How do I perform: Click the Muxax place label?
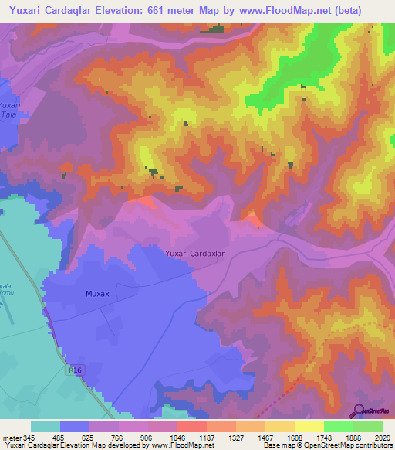[x=97, y=294]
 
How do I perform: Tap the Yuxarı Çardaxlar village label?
[x=194, y=253]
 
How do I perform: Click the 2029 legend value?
[x=383, y=437]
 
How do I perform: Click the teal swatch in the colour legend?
[x=46, y=426]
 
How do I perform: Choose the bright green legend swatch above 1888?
[x=338, y=426]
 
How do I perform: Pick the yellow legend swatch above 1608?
[x=309, y=426]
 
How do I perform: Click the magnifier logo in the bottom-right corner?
[x=359, y=410]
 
